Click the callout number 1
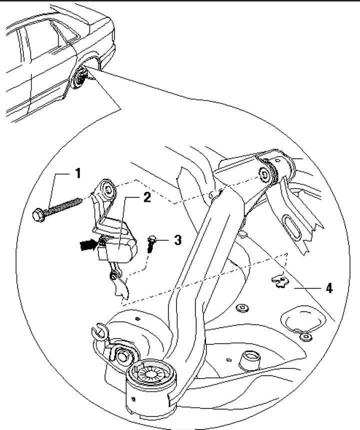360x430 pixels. [x=77, y=174]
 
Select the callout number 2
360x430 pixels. [x=146, y=198]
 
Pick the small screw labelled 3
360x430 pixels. [x=151, y=244]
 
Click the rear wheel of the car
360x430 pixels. [x=80, y=80]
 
